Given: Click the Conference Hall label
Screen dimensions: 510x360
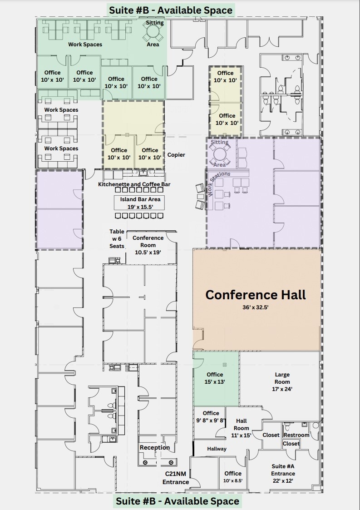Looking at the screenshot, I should tap(256, 295).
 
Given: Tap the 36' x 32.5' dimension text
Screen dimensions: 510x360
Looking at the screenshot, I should tap(256, 307).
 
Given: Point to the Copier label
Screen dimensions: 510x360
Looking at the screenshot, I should tap(176, 155).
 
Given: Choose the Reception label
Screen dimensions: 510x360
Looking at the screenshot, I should tap(155, 448).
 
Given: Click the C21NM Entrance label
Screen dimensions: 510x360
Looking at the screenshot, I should tap(176, 478).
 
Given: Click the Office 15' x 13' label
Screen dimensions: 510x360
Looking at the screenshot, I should tap(215, 378).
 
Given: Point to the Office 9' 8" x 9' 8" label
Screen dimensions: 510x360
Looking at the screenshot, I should tap(211, 416).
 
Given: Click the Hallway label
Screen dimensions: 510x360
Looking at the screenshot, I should tap(217, 449).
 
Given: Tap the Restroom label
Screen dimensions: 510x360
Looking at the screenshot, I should tap(296, 435).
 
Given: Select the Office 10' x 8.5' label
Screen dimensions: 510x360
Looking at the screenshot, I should tap(233, 477).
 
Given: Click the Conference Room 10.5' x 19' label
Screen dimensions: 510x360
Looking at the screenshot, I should tap(148, 245).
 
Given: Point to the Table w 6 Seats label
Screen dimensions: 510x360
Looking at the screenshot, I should tap(117, 239).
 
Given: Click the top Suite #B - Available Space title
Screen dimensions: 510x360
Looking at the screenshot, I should tap(171, 10).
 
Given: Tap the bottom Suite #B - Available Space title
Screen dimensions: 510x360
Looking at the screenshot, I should tap(177, 501).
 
